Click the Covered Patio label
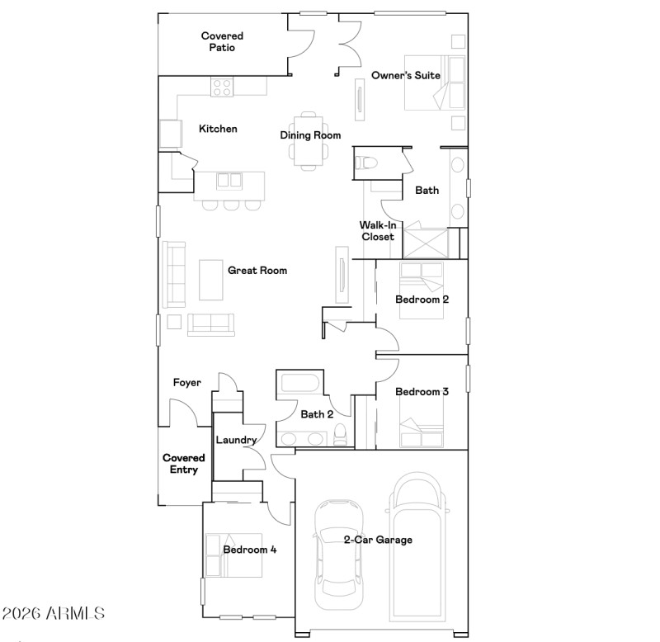(222, 41)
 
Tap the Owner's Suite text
(405, 75)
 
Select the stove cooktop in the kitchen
(221, 87)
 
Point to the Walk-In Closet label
(376, 231)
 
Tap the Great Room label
(257, 270)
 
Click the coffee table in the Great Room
(211, 280)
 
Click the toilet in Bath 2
(340, 435)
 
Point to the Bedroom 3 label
(422, 391)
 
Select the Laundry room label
(236, 440)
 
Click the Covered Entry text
(183, 464)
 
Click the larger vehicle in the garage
(417, 545)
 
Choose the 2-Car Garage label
(378, 540)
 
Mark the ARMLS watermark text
(54, 613)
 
